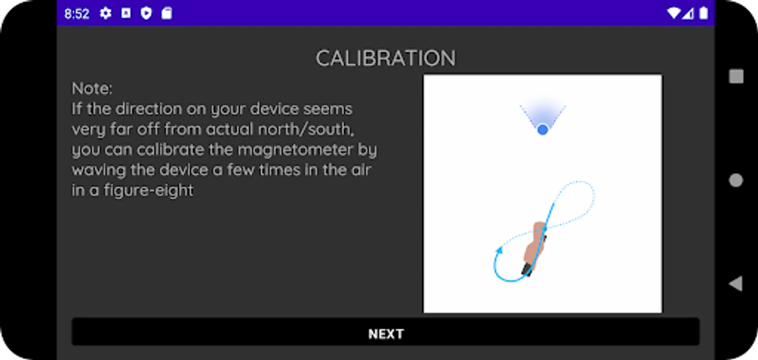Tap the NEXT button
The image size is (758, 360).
click(x=386, y=332)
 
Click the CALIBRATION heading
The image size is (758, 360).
click(x=386, y=58)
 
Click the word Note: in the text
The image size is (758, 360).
click(x=92, y=88)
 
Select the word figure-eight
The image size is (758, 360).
click(x=148, y=190)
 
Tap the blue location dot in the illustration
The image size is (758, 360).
click(x=543, y=130)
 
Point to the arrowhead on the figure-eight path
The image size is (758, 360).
click(x=499, y=250)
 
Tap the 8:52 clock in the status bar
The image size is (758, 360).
click(x=77, y=14)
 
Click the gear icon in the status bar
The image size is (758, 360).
click(x=106, y=13)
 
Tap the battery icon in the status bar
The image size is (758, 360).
click(x=704, y=13)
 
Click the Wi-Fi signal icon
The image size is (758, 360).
click(x=674, y=13)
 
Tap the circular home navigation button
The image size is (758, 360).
click(x=736, y=180)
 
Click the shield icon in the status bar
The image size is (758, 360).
click(x=146, y=13)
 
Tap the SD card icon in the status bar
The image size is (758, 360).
click(x=167, y=13)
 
